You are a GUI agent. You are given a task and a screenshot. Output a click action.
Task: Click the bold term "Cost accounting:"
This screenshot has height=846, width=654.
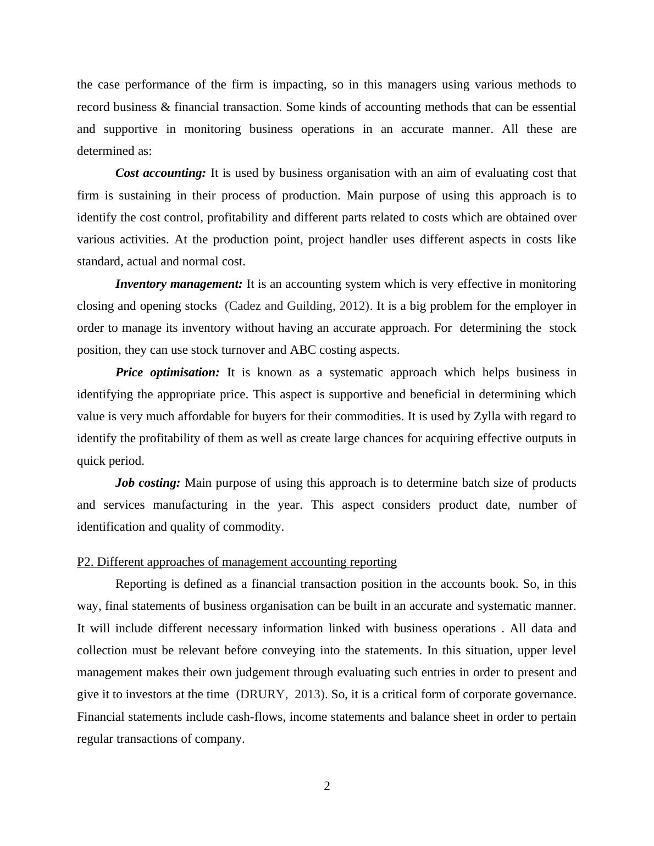[x=160, y=173]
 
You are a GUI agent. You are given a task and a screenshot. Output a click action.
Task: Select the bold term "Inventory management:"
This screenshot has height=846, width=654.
[x=179, y=284]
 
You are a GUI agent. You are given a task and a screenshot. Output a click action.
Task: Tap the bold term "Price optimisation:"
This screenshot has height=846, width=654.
[x=167, y=372]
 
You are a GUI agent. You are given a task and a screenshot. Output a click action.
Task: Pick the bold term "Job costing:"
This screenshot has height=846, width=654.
[x=148, y=483]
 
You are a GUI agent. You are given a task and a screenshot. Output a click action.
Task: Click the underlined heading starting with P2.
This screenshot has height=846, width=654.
[x=237, y=562]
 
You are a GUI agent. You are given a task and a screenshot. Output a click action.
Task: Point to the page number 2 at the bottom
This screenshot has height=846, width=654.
[x=327, y=786]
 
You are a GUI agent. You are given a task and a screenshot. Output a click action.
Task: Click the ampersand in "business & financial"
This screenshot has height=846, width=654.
[x=165, y=107]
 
